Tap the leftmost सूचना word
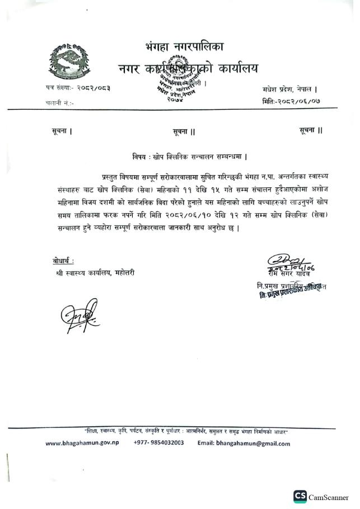(x=60, y=131)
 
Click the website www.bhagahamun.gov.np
(x=82, y=444)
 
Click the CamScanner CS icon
(x=300, y=496)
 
